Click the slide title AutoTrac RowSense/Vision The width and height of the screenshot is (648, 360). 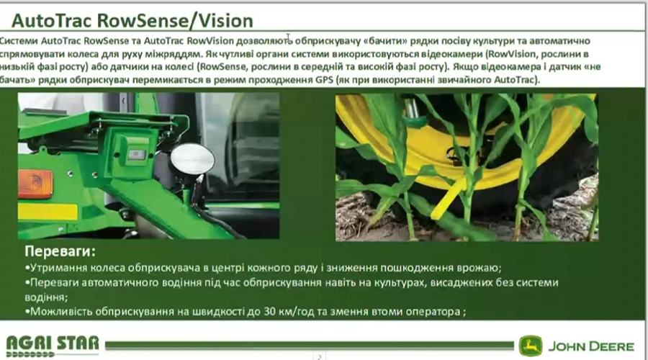(x=132, y=21)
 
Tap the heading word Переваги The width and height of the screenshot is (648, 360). (x=60, y=251)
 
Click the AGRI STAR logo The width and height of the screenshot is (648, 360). (x=53, y=346)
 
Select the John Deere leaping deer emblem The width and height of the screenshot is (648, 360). (x=531, y=346)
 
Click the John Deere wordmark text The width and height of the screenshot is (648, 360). (x=591, y=346)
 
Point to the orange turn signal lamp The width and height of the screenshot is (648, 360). (x=35, y=184)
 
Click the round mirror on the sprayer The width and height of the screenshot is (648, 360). (x=192, y=159)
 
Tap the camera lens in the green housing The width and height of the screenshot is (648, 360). (x=136, y=155)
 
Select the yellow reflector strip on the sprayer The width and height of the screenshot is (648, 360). (x=48, y=212)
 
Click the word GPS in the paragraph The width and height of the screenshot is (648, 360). (x=324, y=80)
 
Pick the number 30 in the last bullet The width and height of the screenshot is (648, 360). (x=270, y=311)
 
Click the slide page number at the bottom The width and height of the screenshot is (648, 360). (x=319, y=356)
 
